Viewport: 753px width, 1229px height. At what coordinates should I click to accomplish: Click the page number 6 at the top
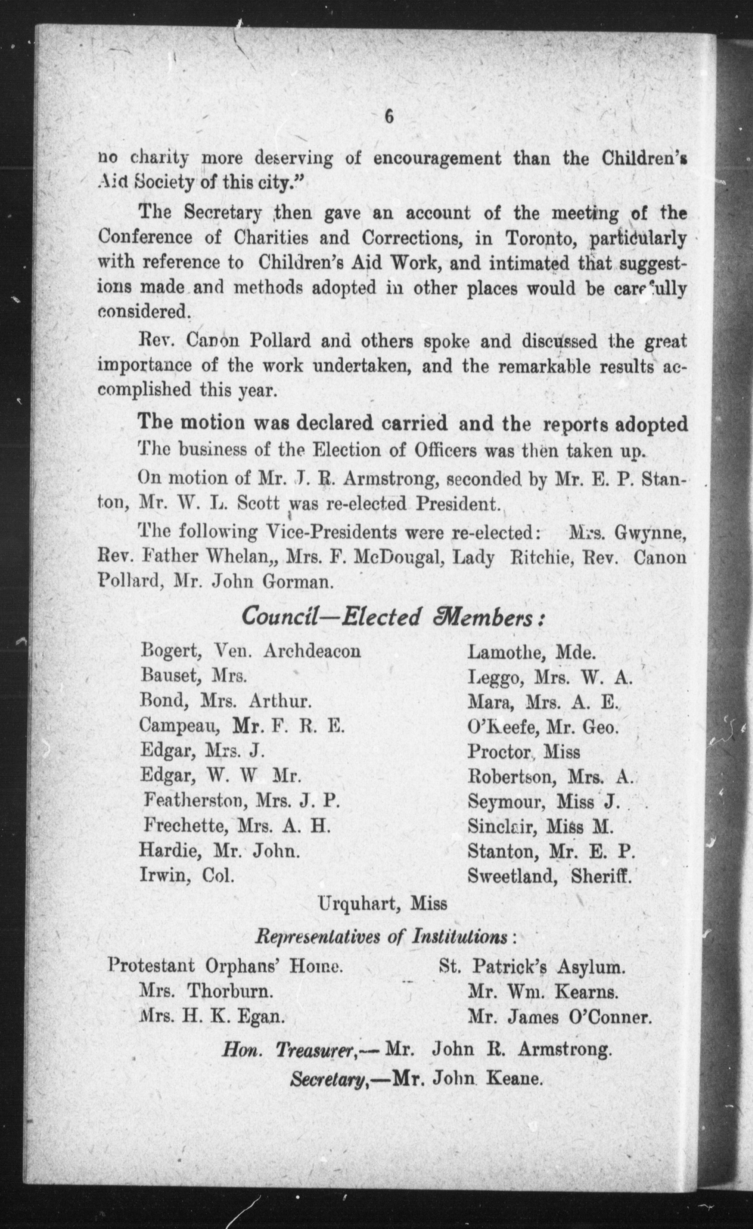pyautogui.click(x=389, y=117)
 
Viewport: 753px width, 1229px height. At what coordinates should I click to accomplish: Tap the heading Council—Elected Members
pyautogui.click(x=392, y=617)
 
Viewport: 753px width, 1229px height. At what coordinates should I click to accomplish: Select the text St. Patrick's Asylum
pyautogui.click(x=531, y=967)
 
